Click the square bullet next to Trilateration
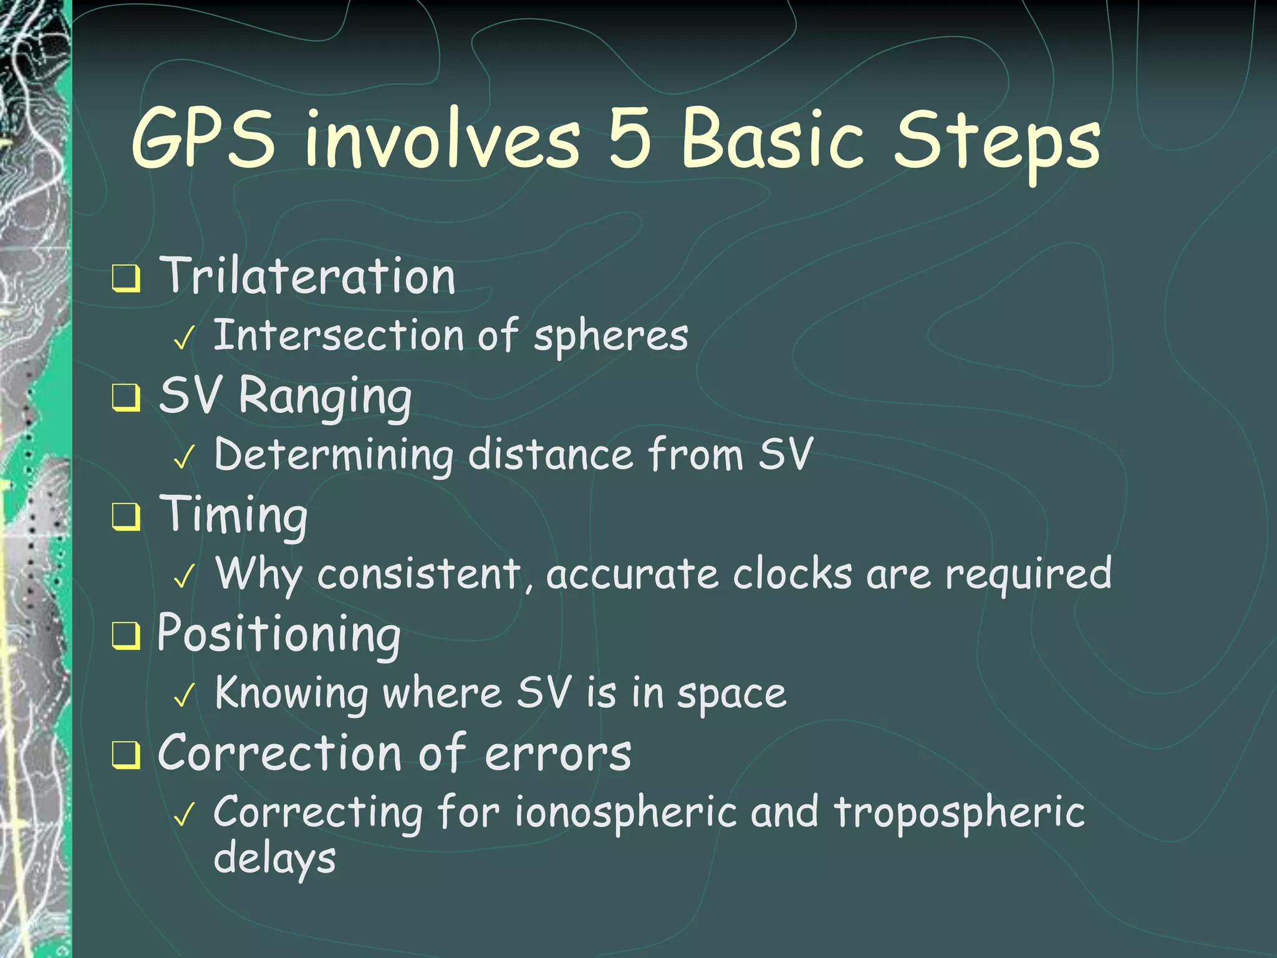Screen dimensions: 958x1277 (126, 279)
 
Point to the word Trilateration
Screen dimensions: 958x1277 (307, 276)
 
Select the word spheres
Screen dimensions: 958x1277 (610, 337)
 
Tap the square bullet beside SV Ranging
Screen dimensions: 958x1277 (126, 398)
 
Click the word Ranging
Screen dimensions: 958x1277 (325, 397)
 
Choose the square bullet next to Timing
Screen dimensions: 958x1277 (126, 517)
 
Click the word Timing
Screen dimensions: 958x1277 (234, 515)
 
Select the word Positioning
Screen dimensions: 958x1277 (279, 635)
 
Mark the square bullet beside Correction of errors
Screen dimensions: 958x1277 (126, 755)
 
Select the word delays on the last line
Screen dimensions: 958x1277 (274, 859)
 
